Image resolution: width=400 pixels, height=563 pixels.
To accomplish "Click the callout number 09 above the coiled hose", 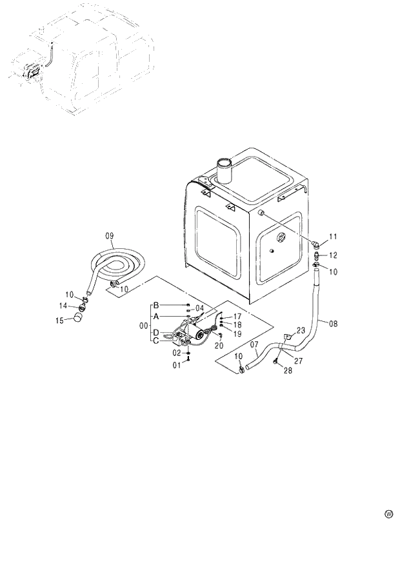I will [x=109, y=236].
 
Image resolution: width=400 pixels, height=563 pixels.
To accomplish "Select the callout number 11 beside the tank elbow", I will [x=334, y=237].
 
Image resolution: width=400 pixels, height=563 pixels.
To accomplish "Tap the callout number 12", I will [x=334, y=255].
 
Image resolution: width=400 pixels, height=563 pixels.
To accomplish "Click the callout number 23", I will [x=300, y=330].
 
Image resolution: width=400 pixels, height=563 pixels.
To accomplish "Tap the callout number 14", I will [x=64, y=305].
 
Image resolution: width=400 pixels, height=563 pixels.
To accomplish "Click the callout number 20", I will [x=219, y=346].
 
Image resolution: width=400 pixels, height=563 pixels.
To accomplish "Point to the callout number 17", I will [x=237, y=316].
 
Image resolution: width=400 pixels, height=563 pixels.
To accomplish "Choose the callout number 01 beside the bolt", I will [x=177, y=366].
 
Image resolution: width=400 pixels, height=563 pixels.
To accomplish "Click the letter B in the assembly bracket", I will [x=155, y=304].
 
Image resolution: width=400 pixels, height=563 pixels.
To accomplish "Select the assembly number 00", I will [x=143, y=326].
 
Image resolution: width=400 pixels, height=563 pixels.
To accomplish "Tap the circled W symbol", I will [x=388, y=514].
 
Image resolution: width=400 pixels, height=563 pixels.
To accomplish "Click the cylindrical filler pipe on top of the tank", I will [x=225, y=170].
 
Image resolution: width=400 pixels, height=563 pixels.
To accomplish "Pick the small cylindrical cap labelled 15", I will [x=79, y=317].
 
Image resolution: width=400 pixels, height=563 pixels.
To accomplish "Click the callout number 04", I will [x=199, y=308].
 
